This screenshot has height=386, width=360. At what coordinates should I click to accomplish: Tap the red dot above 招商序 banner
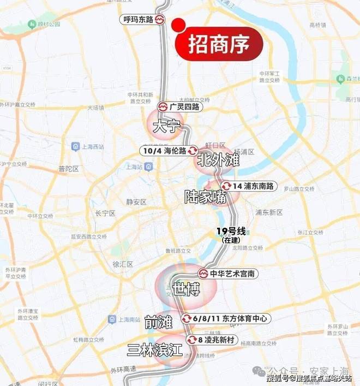point(178,25)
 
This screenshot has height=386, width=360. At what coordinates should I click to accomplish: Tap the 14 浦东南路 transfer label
point(248,186)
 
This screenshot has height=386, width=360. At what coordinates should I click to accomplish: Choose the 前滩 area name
point(158,323)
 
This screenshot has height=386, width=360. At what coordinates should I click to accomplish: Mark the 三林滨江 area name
point(154,350)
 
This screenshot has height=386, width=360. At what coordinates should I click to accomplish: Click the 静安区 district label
point(136,201)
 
